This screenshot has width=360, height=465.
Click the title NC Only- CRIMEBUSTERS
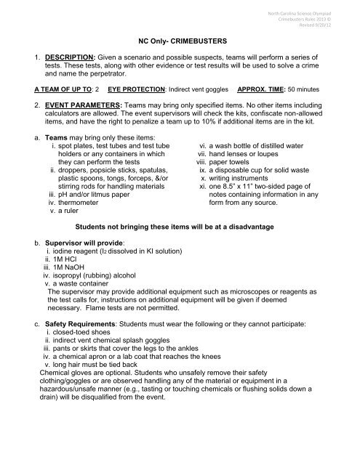click(180, 43)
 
